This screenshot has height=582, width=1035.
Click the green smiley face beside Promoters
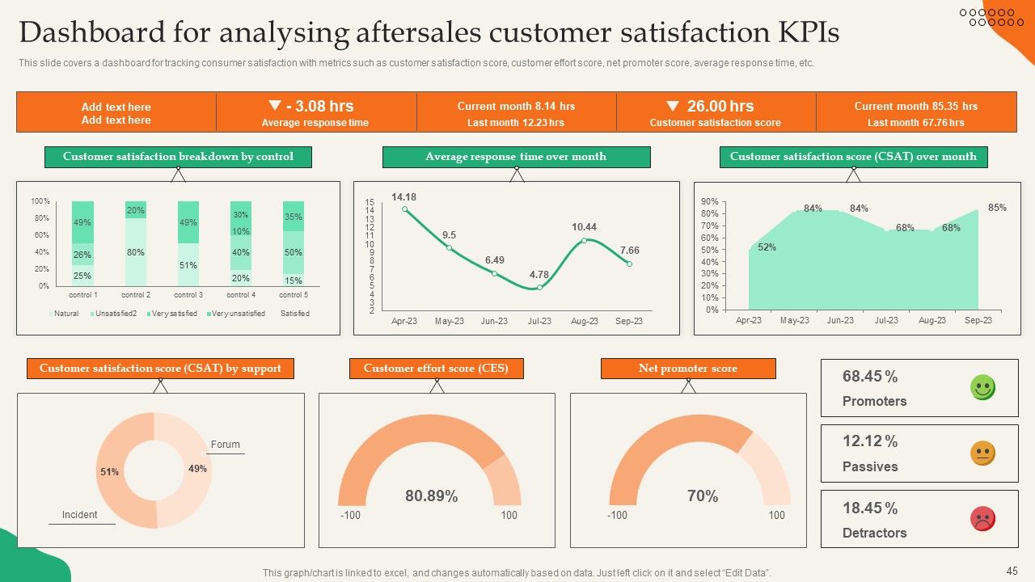coord(982,387)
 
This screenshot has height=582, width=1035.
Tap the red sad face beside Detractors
coord(982,518)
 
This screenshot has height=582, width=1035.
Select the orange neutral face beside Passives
coord(982,453)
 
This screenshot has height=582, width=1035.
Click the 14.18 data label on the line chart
coord(403,197)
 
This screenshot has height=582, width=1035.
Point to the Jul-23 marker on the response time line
coord(539,287)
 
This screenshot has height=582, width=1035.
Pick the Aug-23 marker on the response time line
coord(585,240)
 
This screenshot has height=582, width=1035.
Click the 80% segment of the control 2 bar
coord(136,252)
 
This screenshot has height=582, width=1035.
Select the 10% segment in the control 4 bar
coord(241,231)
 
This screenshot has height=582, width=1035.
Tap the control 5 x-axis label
coord(294,295)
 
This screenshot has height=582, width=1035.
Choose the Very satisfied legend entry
coord(172,314)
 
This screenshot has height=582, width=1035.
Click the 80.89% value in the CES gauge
coord(432,496)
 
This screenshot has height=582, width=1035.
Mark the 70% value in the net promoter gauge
coord(703,496)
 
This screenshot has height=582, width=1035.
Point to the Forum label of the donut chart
coord(226,445)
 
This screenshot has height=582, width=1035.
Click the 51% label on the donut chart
coord(109,471)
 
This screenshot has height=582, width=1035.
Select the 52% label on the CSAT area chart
coord(767,247)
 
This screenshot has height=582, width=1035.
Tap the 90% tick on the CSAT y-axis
coord(710,201)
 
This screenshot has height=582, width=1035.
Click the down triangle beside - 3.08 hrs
coord(275,105)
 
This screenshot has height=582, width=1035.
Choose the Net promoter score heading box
coord(688,369)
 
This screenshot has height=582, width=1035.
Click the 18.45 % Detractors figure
coord(870,508)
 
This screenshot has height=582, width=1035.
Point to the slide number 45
coord(1012,571)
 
